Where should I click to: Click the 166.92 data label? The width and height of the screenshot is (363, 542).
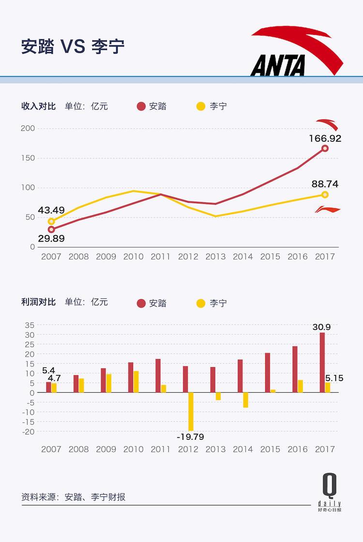(325, 139)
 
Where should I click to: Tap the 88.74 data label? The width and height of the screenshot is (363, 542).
(325, 184)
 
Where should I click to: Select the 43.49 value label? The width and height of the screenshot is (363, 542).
(51, 211)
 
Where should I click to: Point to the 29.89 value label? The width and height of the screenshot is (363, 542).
(51, 238)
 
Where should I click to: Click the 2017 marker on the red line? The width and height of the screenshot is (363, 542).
(325, 148)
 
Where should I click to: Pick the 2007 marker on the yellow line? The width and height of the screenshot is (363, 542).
(51, 221)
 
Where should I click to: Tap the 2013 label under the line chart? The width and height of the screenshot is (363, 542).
(215, 257)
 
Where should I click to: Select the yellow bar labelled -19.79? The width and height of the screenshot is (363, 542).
(191, 411)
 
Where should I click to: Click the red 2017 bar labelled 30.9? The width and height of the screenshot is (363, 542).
(322, 362)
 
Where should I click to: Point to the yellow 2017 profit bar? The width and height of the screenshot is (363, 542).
(328, 387)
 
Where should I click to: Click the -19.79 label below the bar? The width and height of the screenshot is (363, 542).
(190, 436)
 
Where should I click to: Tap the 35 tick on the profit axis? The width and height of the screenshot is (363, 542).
(30, 325)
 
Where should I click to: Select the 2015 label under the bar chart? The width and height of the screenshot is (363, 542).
(270, 449)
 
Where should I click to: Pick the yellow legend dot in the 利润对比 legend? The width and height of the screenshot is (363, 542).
(201, 303)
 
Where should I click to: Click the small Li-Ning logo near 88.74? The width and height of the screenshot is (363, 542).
(328, 209)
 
